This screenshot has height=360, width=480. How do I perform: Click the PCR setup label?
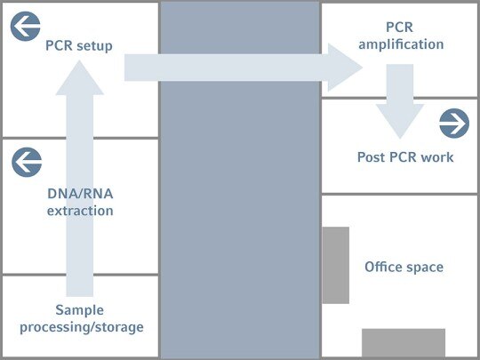(x=79, y=46)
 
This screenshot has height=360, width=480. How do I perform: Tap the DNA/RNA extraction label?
(x=80, y=202)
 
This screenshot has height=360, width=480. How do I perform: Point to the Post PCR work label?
(x=405, y=157)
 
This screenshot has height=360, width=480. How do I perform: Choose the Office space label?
(x=404, y=267)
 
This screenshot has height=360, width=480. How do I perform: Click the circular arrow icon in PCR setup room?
(x=25, y=27)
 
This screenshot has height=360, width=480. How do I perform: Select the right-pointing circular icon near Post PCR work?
(x=453, y=124)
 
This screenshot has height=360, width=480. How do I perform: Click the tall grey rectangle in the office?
(x=335, y=265)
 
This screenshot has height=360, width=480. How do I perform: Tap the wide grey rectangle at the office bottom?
(x=404, y=342)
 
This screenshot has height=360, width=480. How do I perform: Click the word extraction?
(x=80, y=211)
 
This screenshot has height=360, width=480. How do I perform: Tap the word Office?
(x=385, y=267)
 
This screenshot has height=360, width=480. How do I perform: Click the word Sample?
(x=80, y=310)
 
